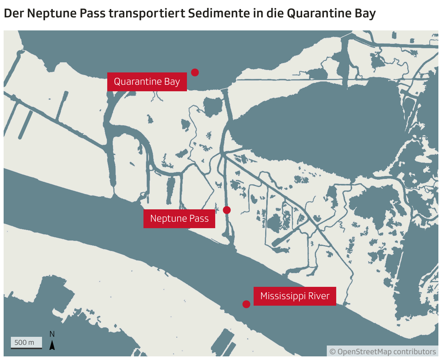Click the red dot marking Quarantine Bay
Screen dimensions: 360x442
tap(195, 72)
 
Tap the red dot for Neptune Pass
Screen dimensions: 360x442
tap(227, 210)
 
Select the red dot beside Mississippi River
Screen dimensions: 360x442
tap(246, 304)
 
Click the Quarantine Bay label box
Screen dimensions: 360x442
tap(147, 81)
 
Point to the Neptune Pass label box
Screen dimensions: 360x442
tap(179, 218)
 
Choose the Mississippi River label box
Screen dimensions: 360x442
tap(295, 296)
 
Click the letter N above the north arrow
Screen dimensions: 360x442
tap(52, 334)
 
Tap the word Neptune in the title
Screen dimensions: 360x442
tap(48, 13)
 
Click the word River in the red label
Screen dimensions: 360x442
tap(319, 296)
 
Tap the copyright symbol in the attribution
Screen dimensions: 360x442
tap(333, 352)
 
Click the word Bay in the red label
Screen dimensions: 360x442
tap(172, 81)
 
